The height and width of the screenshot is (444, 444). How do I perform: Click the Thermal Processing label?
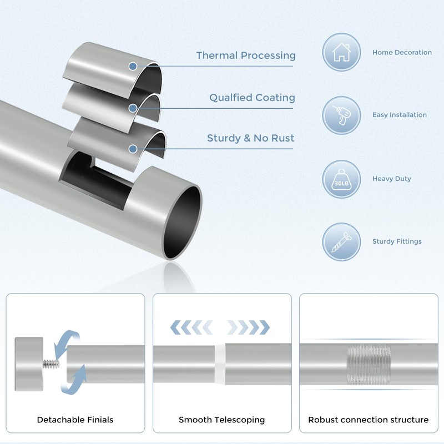[246, 56]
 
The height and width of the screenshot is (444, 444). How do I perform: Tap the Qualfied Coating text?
[252, 98]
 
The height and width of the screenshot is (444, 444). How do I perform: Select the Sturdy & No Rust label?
[251, 138]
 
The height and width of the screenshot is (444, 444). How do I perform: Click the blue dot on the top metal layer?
[133, 66]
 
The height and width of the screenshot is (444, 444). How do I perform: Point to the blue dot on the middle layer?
[133, 108]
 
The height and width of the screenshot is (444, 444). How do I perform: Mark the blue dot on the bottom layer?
[133, 149]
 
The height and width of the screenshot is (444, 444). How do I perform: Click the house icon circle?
[341, 52]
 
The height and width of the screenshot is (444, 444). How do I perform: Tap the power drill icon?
[341, 115]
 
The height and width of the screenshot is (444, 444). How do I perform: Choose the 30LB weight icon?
[341, 179]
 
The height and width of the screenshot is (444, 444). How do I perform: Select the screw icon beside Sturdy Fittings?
[341, 242]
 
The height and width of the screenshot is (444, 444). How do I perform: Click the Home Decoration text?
[402, 52]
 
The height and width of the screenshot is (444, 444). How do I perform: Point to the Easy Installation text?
[400, 115]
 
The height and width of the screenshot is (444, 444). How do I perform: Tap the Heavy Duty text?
[392, 179]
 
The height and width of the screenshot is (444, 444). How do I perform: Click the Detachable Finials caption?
[75, 420]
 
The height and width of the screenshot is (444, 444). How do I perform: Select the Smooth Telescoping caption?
[221, 420]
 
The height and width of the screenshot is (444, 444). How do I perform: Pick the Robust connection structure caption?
[369, 420]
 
